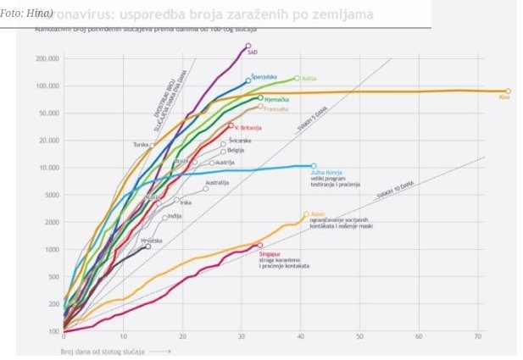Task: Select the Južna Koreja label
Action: tap(326, 172)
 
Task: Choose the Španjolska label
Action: tap(267, 76)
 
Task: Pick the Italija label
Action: tap(310, 79)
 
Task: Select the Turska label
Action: tap(141, 145)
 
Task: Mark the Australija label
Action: tap(218, 182)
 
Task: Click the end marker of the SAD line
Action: tap(248, 46)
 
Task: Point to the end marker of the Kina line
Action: tap(508, 91)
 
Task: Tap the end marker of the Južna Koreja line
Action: tap(314, 166)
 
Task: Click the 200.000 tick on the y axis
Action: tap(46, 58)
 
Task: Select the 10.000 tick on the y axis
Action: tap(47, 168)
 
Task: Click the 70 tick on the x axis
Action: tap(478, 337)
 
